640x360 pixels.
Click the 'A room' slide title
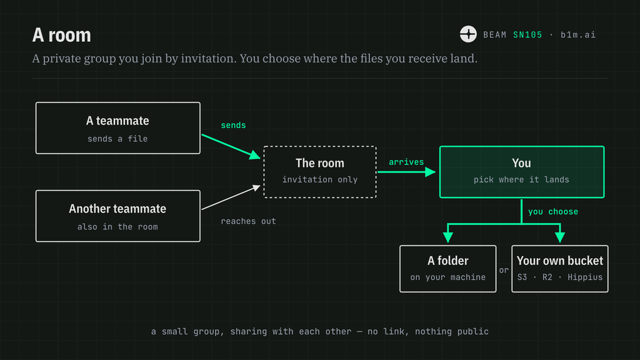tap(62, 35)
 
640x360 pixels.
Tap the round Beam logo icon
tap(468, 34)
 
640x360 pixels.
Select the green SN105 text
tap(527, 35)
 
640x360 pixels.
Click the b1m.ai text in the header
tap(578, 35)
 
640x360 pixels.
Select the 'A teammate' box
tap(118, 128)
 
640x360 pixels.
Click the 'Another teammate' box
tap(118, 216)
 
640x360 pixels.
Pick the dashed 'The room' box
tap(320, 172)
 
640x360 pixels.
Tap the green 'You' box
tap(522, 172)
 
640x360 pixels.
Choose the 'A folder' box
tap(447, 269)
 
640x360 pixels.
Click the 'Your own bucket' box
tap(559, 269)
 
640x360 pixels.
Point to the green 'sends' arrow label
tap(233, 125)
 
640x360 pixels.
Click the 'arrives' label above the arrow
tap(406, 162)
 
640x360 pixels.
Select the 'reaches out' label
tap(248, 221)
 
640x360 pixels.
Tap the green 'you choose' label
tap(553, 212)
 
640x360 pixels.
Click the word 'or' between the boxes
tap(504, 270)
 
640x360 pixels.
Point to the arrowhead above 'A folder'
tap(447, 237)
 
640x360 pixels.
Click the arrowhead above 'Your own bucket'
tap(560, 237)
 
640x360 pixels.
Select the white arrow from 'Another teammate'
tap(231, 197)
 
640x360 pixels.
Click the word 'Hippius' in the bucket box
tap(585, 277)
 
